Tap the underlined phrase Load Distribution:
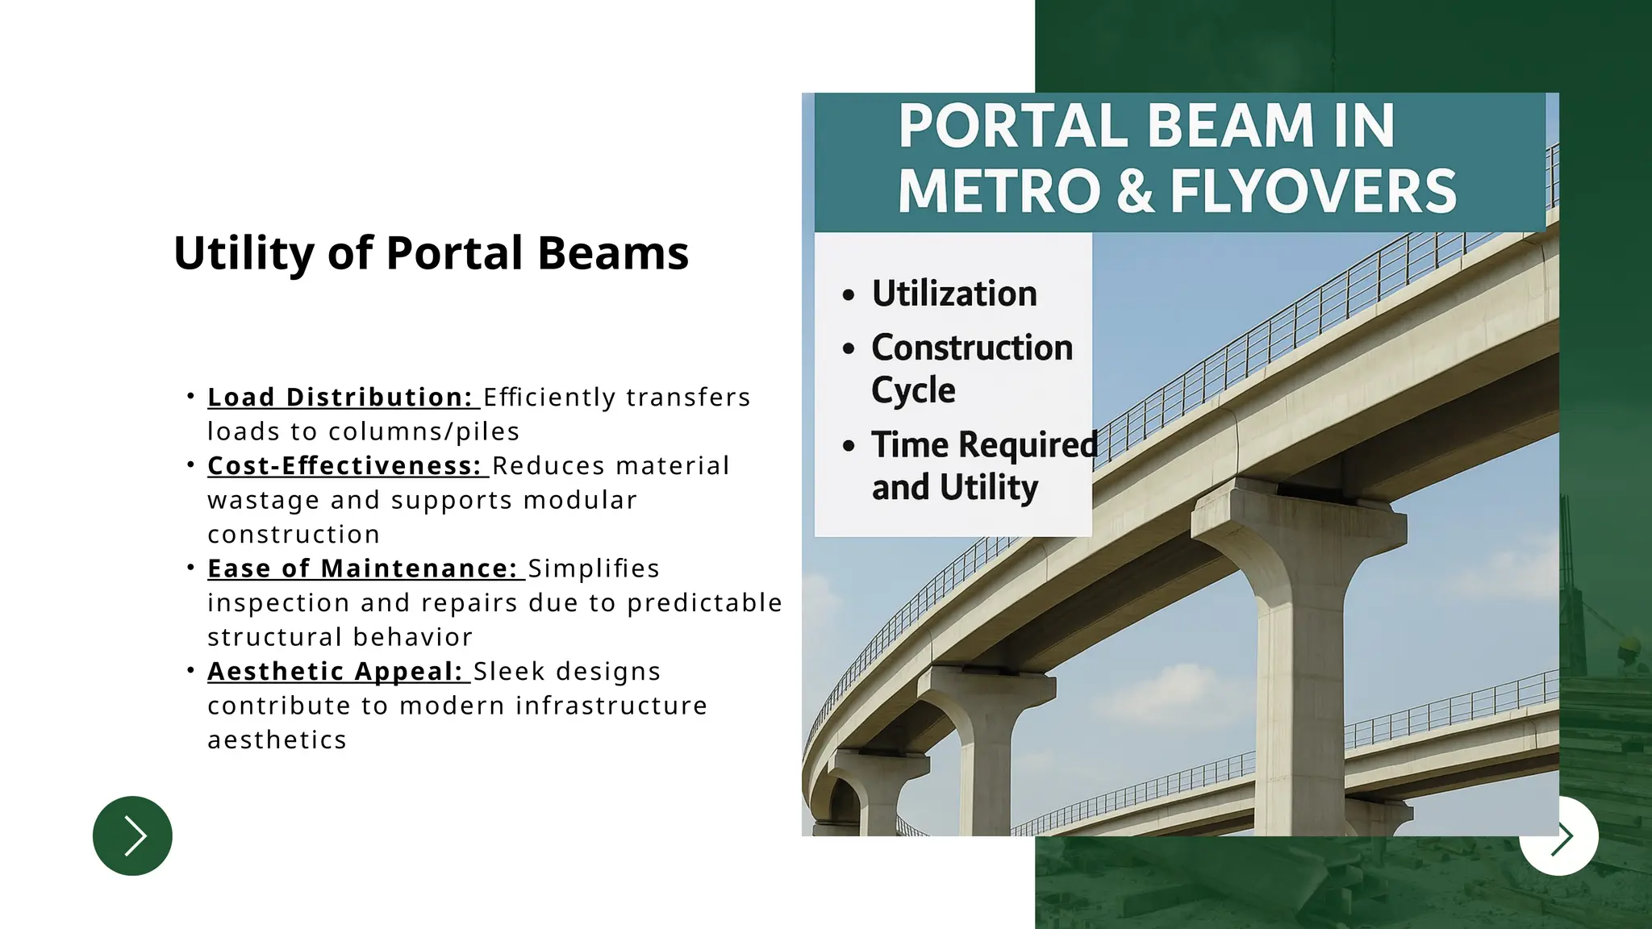click(340, 398)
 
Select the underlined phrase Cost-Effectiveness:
click(344, 466)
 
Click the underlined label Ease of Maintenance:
click(362, 569)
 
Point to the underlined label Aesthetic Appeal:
click(335, 672)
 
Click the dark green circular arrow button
click(132, 835)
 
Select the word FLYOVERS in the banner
click(1312, 192)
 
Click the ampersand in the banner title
click(1135, 192)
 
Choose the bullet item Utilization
click(953, 294)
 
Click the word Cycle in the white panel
click(913, 390)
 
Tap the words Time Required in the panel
click(984, 445)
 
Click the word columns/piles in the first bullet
click(423, 432)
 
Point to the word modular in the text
click(580, 501)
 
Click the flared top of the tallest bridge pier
click(1299, 516)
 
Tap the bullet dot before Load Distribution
click(190, 396)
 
